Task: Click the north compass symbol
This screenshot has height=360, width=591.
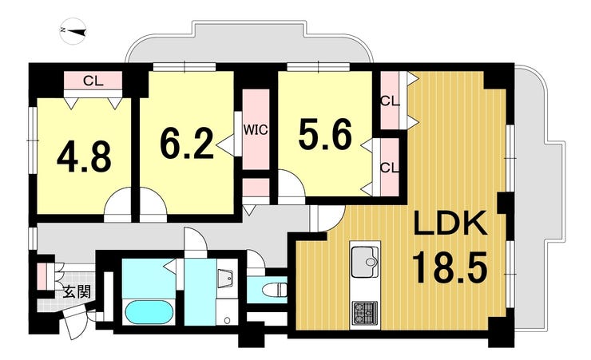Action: coord(73,32)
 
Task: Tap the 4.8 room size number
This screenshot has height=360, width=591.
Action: coord(84,158)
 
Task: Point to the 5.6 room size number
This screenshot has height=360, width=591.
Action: coord(325,133)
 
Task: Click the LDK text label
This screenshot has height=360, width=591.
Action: coord(451,224)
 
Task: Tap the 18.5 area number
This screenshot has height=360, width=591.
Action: coord(450,267)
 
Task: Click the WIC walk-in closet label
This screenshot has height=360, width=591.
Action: coord(256,130)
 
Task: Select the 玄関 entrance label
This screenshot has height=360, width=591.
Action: coord(77,292)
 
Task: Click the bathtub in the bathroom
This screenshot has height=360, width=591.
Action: coord(149,312)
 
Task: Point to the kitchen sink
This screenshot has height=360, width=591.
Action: coord(365,259)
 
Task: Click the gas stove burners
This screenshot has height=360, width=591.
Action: coord(365,313)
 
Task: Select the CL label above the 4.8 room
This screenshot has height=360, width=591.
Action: coord(93,81)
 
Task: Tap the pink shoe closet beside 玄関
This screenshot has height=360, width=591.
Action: coord(42,276)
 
